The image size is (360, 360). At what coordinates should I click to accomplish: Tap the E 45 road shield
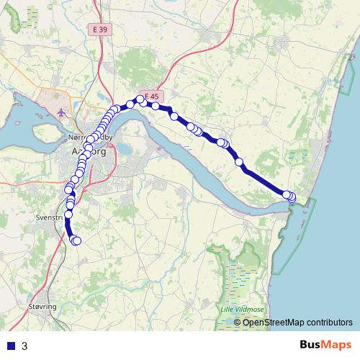151,96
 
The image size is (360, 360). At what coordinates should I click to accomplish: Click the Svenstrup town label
50,216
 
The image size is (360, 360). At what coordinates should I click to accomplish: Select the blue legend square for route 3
11,346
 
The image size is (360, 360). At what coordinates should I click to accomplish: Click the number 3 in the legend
25,346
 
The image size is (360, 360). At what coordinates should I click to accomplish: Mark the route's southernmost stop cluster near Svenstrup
75,240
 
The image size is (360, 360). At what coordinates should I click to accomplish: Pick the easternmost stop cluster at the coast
289,196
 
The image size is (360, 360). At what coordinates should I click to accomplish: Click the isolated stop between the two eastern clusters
239,162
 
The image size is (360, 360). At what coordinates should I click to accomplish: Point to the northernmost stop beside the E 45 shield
140,100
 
